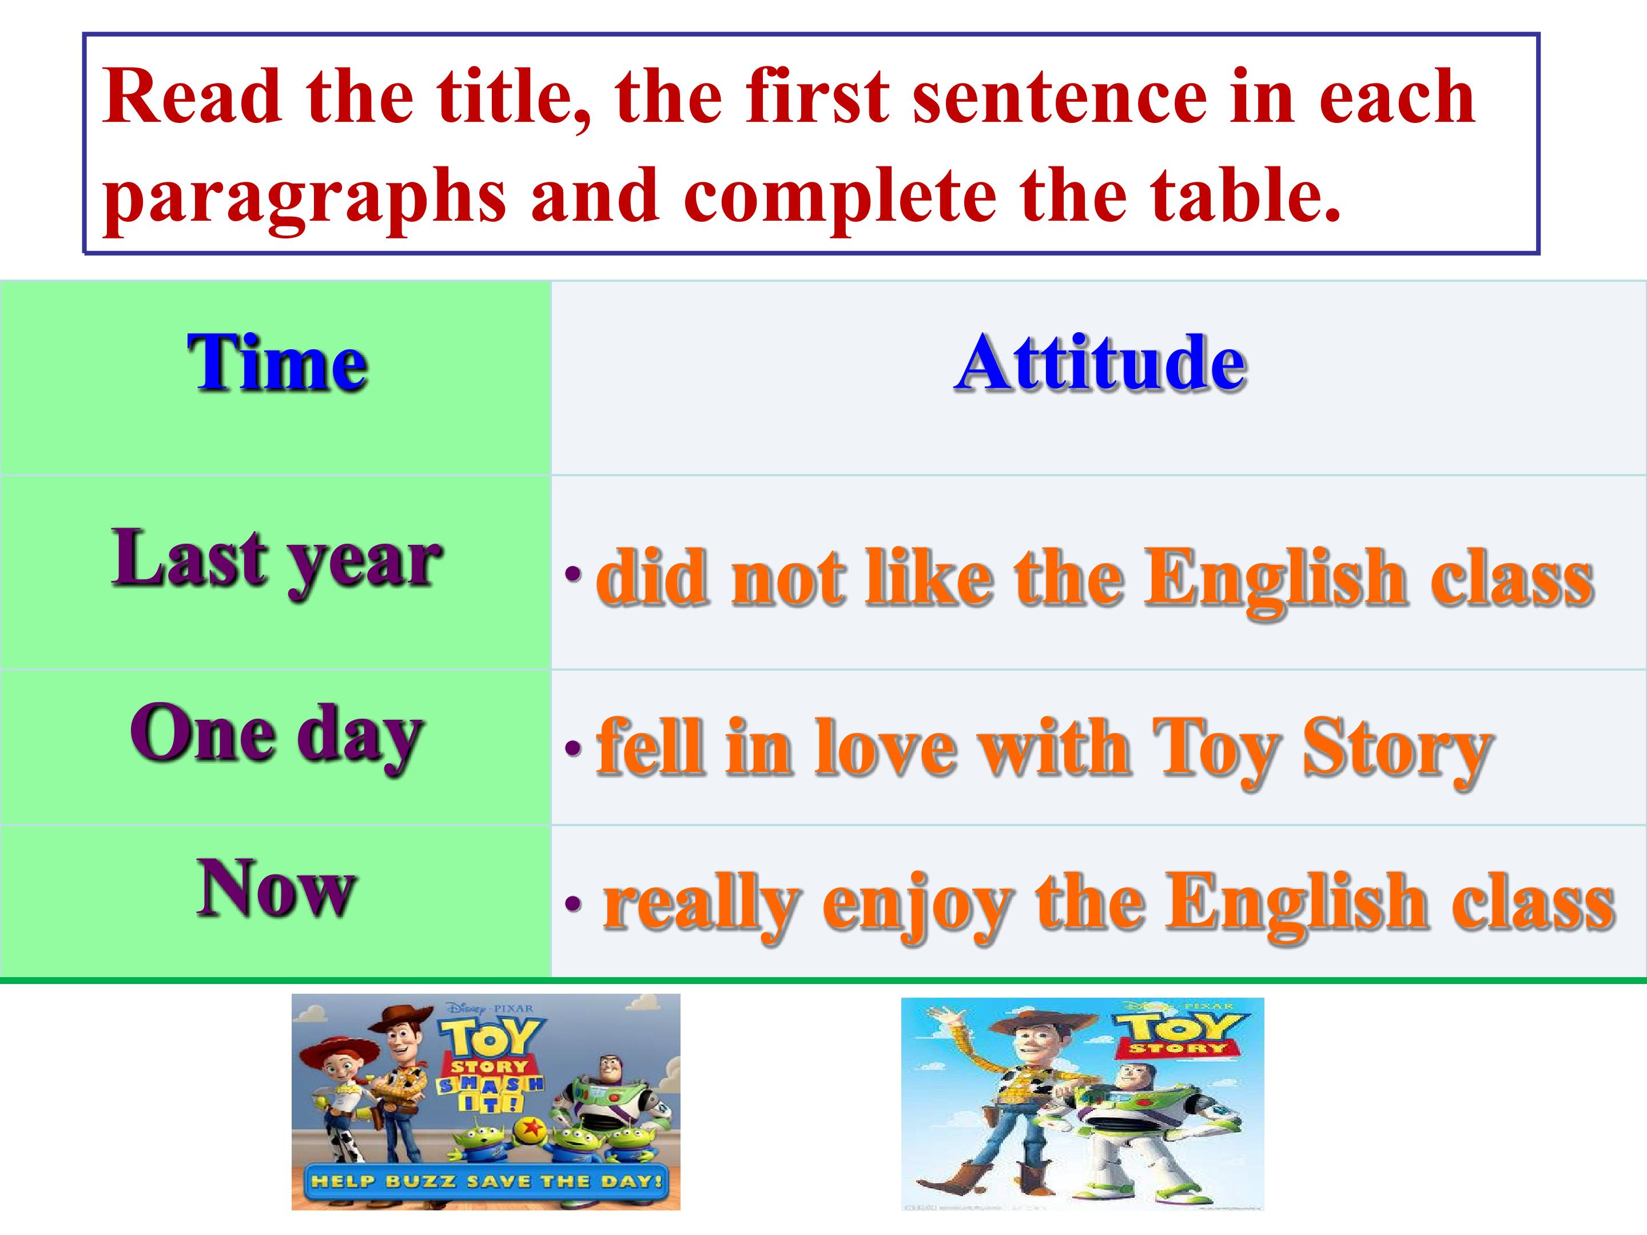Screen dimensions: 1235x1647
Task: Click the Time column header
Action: pyautogui.click(x=277, y=362)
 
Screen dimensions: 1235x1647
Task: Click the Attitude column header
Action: pyautogui.click(x=1100, y=362)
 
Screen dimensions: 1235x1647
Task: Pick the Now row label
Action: pyautogui.click(x=277, y=889)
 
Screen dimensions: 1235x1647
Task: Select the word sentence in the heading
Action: pyautogui.click(x=1057, y=97)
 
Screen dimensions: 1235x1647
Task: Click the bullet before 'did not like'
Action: pyautogui.click(x=572, y=573)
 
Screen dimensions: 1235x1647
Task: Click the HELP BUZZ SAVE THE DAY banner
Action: pyautogui.click(x=486, y=1180)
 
